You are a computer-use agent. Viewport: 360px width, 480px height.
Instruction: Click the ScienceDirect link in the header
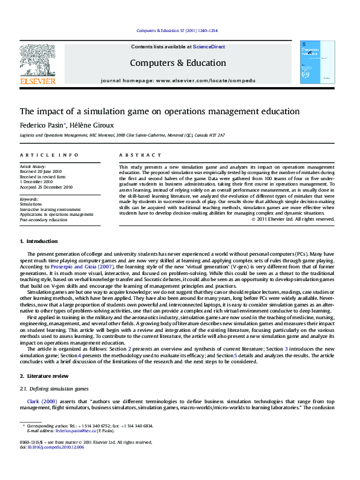coord(209,47)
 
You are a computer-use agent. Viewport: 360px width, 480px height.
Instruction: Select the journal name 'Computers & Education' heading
coord(178,63)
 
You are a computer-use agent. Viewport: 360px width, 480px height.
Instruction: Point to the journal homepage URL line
coord(178,80)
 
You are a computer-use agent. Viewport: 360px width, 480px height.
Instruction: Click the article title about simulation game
coord(143,111)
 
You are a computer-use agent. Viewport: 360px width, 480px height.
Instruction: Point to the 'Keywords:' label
coord(29,199)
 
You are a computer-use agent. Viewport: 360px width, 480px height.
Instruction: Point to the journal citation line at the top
coord(178,30)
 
